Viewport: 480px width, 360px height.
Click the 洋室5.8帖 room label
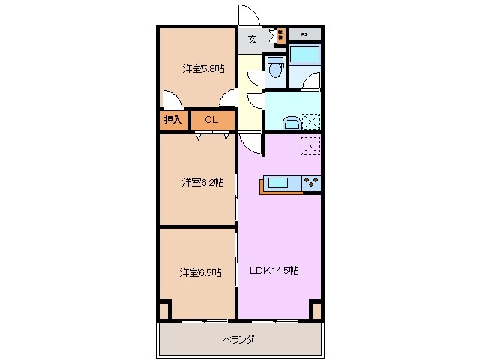point(203,68)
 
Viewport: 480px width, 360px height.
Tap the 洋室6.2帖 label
point(202,182)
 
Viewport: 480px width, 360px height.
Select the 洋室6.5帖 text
point(199,272)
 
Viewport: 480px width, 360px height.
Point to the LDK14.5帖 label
point(274,271)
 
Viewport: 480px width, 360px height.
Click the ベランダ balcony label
point(239,340)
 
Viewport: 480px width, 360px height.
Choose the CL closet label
point(211,119)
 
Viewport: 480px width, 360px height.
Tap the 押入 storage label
point(173,119)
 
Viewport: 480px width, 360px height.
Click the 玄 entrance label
point(252,40)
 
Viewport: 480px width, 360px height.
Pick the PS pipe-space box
point(304,34)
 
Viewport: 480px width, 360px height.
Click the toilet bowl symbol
point(276,69)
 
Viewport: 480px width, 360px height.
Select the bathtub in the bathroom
point(304,54)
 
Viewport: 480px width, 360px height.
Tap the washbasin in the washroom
point(289,121)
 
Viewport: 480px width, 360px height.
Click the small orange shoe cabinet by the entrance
point(280,34)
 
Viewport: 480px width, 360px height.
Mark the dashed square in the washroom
point(310,121)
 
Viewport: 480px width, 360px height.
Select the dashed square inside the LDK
point(310,146)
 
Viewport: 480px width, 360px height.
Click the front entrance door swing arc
point(247,14)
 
